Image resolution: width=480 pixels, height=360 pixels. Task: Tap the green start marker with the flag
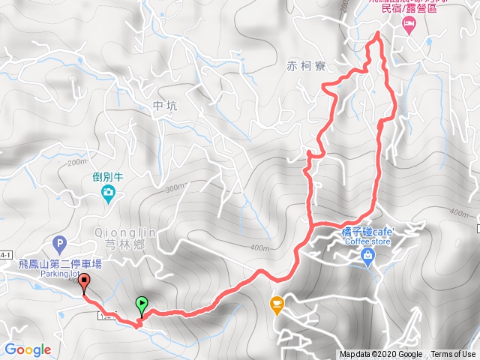(142, 304)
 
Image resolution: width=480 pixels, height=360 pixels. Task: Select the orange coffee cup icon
(277, 304)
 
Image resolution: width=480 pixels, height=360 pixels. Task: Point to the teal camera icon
(109, 196)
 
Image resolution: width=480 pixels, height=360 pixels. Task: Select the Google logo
(28, 349)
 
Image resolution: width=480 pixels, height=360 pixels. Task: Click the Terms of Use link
(453, 355)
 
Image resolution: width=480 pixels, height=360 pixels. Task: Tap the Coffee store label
(367, 241)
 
